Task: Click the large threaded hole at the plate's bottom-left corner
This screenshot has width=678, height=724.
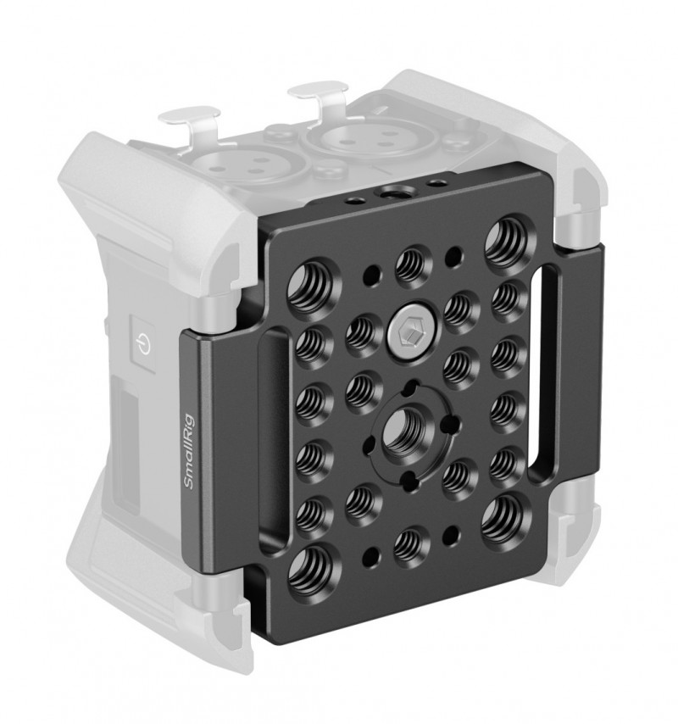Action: click(x=310, y=569)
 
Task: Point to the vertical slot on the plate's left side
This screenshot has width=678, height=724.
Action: click(x=275, y=438)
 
